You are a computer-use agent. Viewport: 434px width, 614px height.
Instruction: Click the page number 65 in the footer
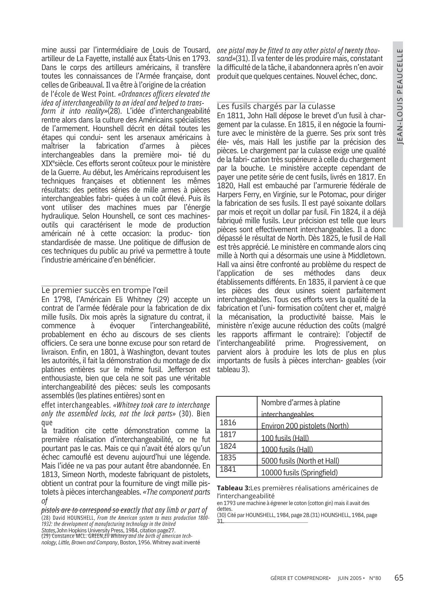coord(399,578)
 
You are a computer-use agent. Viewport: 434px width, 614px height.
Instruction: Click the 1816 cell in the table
coord(228,423)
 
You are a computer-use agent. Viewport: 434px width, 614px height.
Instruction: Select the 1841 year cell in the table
coord(228,469)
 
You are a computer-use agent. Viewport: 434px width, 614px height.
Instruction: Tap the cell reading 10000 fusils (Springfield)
coord(299,472)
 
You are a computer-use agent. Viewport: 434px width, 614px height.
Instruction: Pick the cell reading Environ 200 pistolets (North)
coord(305,426)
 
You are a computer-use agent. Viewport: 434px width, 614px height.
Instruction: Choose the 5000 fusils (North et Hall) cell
coord(300,461)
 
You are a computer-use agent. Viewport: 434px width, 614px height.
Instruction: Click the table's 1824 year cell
coord(228,446)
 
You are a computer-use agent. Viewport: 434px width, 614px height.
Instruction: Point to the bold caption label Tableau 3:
coord(234,488)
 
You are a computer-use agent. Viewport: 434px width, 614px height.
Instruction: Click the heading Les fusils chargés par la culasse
coord(276,106)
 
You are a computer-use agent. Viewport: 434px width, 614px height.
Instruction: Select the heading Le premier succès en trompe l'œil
coord(105,290)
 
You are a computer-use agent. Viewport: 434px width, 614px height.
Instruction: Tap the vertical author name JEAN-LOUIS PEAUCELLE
coord(398,96)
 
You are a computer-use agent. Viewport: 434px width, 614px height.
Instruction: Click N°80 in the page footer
coord(375,578)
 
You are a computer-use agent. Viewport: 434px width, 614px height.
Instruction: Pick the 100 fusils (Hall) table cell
coord(285,437)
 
